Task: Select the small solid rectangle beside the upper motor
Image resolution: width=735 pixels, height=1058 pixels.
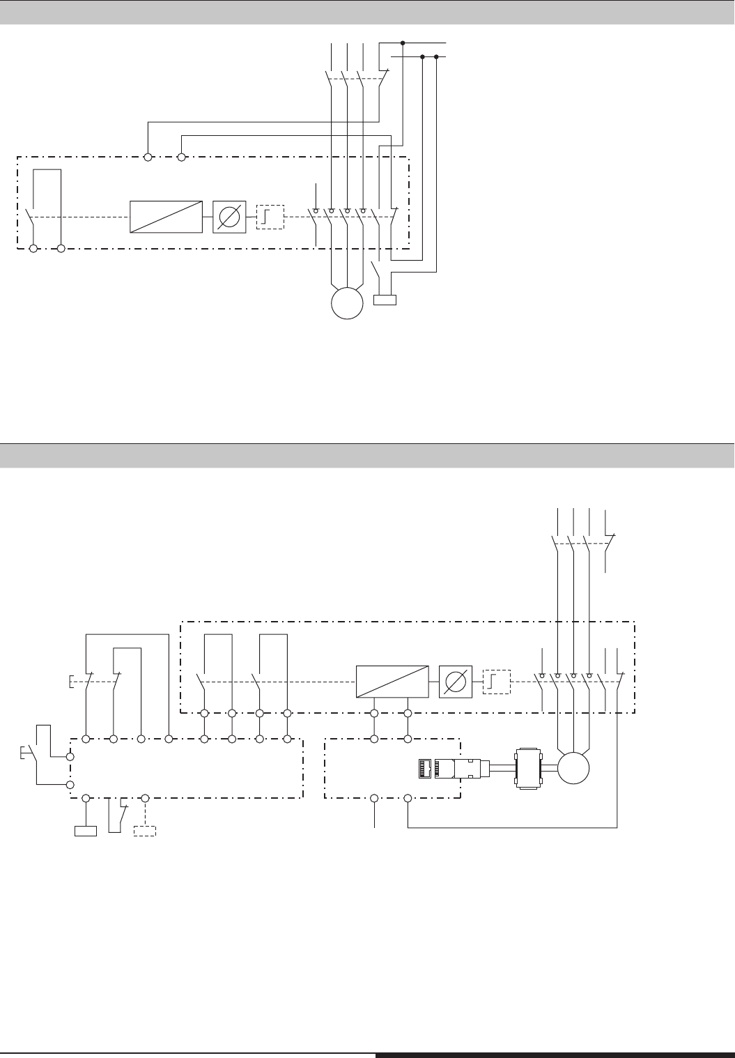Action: (x=385, y=300)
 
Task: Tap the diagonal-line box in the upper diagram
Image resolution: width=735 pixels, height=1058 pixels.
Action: (x=167, y=217)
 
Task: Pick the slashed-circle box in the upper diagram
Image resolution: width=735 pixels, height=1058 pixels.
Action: (x=229, y=217)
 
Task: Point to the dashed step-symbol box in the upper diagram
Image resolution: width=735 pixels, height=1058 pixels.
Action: (x=270, y=217)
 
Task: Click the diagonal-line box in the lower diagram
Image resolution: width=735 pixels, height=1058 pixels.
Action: (x=392, y=681)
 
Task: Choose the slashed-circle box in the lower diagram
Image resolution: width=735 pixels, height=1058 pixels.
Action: (x=456, y=681)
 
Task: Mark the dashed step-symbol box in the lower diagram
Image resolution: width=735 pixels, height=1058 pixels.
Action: (x=497, y=681)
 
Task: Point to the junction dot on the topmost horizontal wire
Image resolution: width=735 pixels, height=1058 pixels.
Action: (x=403, y=43)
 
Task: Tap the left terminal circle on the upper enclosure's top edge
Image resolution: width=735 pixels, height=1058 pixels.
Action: (x=148, y=158)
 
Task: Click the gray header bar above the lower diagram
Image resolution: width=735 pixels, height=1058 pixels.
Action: (x=367, y=455)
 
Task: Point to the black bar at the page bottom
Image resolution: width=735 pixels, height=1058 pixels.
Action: (x=555, y=1055)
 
